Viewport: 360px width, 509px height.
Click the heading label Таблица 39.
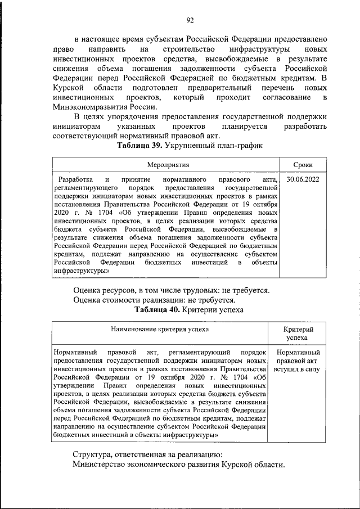click(x=139, y=145)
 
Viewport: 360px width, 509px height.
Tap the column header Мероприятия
click(x=168, y=165)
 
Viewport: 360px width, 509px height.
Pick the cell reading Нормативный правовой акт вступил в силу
click(x=296, y=361)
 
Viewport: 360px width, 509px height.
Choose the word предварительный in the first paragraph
click(x=221, y=89)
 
